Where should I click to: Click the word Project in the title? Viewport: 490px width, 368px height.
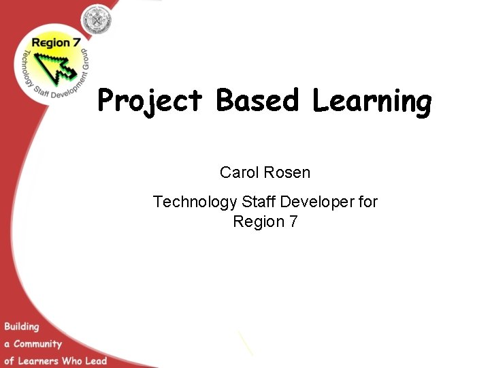pyautogui.click(x=150, y=102)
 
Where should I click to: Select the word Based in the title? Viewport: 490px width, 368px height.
pyautogui.click(x=258, y=101)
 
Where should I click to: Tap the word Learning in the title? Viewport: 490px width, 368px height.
pyautogui.click(x=372, y=102)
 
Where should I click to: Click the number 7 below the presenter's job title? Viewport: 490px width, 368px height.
pyautogui.click(x=293, y=221)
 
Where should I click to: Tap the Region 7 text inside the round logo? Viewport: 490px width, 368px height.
pyautogui.click(x=51, y=42)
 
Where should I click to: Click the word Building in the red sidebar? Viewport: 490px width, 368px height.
pyautogui.click(x=22, y=326)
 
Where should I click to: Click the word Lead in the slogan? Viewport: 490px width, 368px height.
pyautogui.click(x=96, y=360)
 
